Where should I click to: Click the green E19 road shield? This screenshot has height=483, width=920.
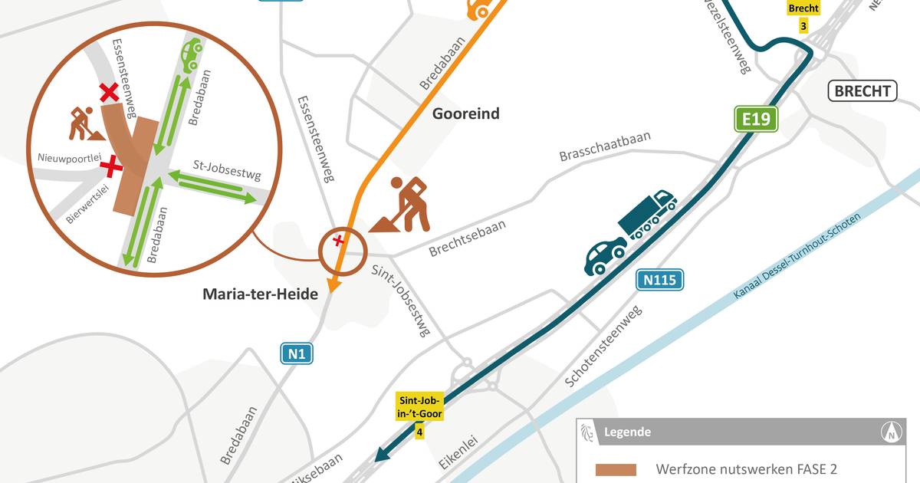[x=755, y=119]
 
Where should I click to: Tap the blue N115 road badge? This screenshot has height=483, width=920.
[x=659, y=280]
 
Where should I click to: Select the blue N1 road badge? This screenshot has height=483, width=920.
[x=297, y=353]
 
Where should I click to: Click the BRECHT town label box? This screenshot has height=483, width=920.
[x=862, y=92]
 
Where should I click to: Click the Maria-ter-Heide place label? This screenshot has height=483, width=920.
[x=259, y=294]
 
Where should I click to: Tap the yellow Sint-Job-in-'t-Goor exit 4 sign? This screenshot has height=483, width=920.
[x=419, y=415]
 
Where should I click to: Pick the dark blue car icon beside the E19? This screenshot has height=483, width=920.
[x=605, y=255]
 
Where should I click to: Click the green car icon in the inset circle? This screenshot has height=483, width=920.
[x=191, y=55]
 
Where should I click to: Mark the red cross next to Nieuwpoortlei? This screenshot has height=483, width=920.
[x=112, y=164]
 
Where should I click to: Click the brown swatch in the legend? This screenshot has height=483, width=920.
[x=616, y=468]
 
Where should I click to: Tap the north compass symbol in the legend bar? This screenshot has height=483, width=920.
[x=892, y=432]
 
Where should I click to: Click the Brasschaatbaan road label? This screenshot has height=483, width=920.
[x=604, y=146]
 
